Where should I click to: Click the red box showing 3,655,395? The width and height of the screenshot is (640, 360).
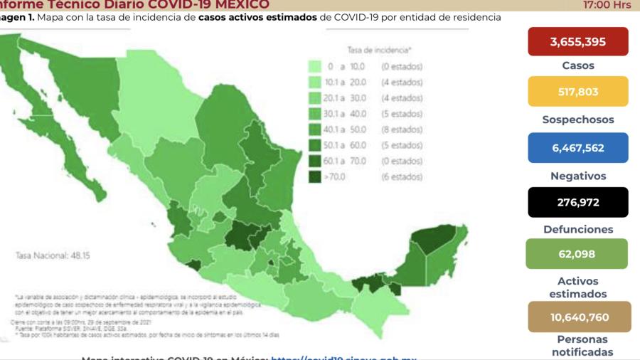tap(578, 42)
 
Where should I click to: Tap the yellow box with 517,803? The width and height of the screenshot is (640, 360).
tap(578, 92)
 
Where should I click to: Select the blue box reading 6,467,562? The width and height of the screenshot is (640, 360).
tap(578, 147)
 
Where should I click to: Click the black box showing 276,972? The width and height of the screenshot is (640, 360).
tap(578, 202)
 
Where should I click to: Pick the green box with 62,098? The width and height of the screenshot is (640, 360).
tap(577, 253)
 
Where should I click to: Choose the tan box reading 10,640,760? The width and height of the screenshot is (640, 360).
tap(578, 317)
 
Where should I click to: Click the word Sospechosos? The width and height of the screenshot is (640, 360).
tap(577, 120)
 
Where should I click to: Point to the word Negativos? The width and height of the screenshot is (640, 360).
tap(577, 176)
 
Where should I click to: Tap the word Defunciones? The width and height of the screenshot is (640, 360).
tap(577, 230)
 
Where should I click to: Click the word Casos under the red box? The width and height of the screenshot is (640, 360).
tap(577, 66)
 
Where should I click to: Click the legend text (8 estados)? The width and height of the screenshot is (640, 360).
tap(402, 129)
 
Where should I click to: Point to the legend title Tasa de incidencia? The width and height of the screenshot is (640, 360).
tap(379, 51)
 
